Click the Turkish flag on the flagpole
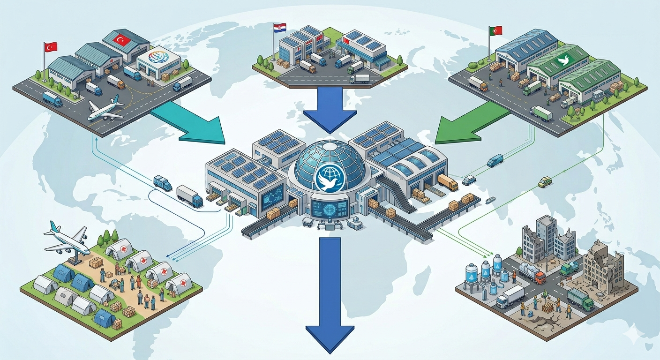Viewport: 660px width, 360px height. click(x=51, y=47)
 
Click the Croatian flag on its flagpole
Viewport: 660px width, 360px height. click(x=280, y=28)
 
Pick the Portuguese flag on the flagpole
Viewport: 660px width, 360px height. click(x=496, y=30)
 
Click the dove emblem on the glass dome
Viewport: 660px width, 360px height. click(x=330, y=178)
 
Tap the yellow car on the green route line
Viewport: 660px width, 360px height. click(x=545, y=182)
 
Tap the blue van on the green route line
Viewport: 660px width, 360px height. click(x=495, y=161)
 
